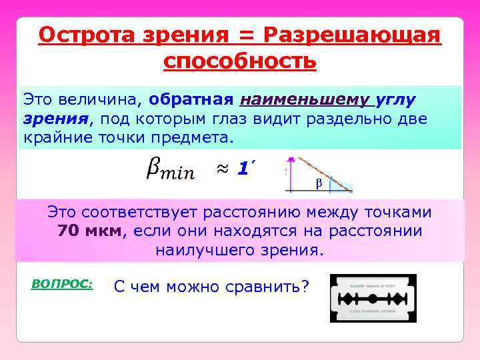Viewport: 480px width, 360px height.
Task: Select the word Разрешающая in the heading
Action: [x=353, y=34]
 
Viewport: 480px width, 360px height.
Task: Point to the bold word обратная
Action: [x=191, y=100]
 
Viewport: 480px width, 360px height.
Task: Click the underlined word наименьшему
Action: [x=303, y=100]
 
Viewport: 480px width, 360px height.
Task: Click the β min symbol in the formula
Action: [x=169, y=170]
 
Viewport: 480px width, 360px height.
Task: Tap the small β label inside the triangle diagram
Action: [x=318, y=182]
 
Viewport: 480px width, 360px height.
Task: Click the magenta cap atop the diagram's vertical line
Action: [x=290, y=160]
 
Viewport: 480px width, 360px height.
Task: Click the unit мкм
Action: [x=101, y=231]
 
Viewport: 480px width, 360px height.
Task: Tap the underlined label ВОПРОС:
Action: [x=62, y=283]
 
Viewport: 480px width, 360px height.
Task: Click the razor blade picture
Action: [x=373, y=298]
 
